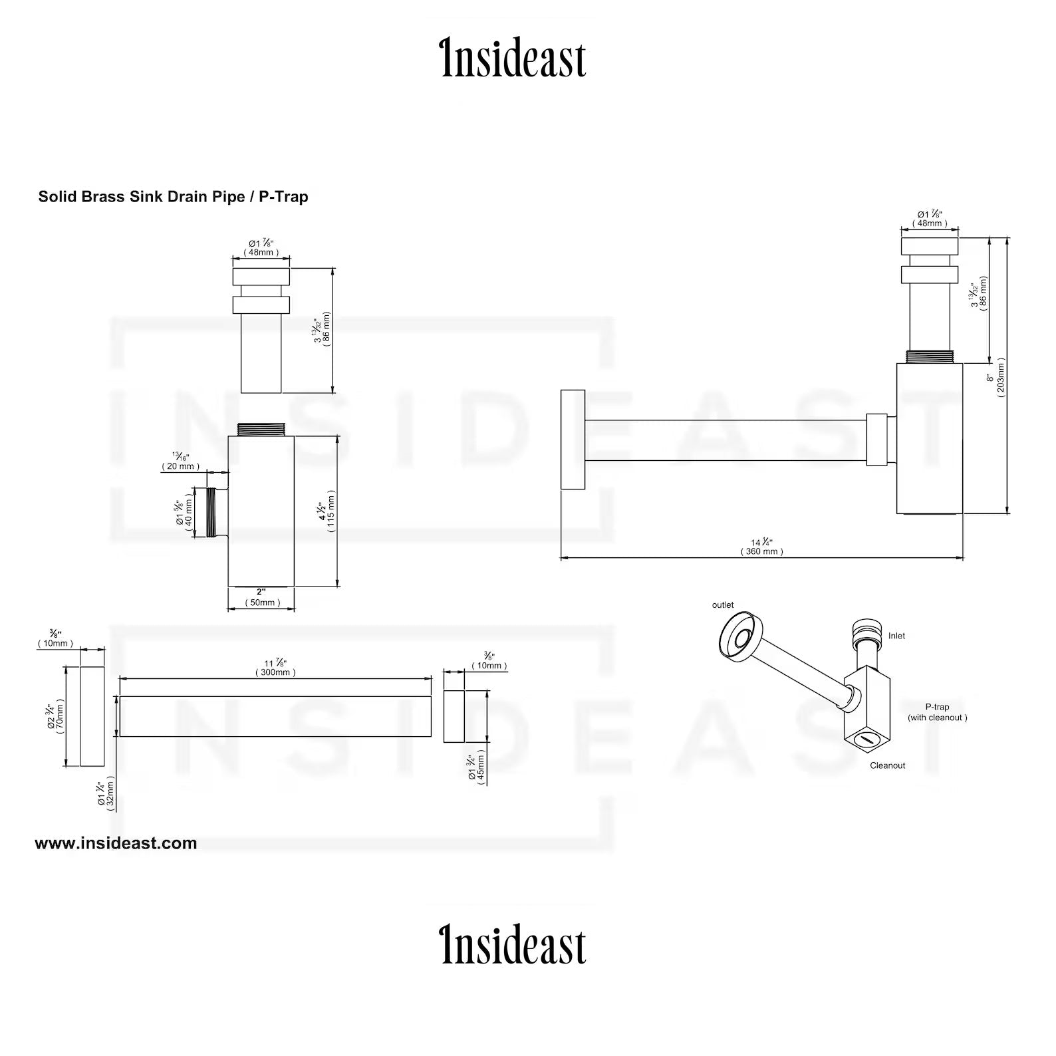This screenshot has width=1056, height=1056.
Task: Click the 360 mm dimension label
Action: point(762,551)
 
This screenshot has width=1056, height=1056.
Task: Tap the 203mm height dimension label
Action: point(1001,377)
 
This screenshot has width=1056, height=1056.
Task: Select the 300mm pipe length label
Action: point(275,672)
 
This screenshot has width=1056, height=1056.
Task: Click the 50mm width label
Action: point(262,602)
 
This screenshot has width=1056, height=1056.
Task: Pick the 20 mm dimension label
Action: point(180,466)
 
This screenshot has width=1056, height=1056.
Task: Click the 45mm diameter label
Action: point(480,768)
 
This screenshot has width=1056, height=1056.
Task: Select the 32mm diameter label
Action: point(110,794)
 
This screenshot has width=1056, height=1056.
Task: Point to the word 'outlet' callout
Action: point(723,605)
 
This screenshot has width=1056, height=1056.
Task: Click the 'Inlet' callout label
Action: point(896,636)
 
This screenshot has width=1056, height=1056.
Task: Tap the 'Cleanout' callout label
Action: point(887,765)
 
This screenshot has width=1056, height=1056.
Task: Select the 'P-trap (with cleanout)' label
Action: point(937,712)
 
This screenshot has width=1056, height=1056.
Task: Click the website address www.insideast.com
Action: point(116,843)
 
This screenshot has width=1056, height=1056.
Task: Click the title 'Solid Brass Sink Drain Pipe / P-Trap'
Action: point(173,197)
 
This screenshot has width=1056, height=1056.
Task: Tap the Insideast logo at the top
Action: point(514,59)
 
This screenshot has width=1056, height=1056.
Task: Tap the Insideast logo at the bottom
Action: point(514,944)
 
